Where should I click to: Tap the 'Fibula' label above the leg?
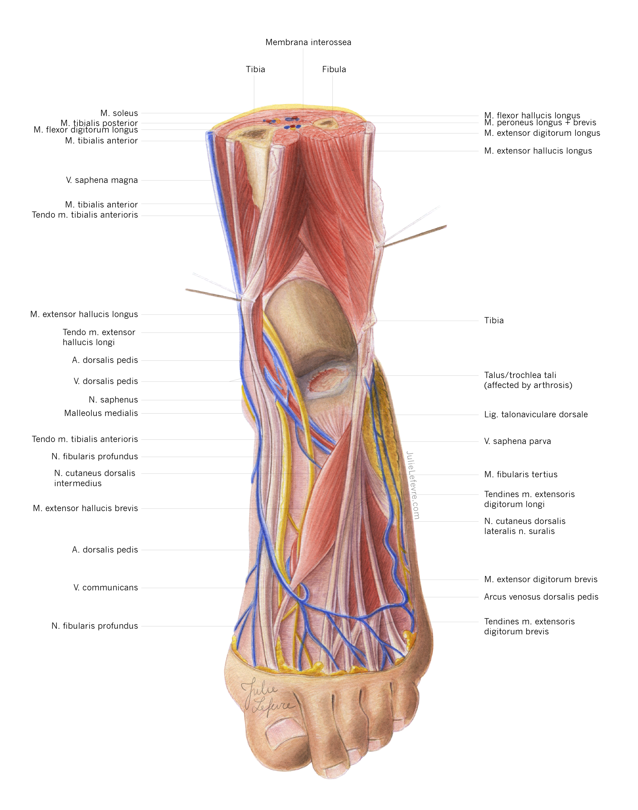[x=334, y=69]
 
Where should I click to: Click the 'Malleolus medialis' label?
[x=101, y=413]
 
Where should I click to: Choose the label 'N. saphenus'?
[x=113, y=400]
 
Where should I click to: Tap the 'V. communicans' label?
[x=105, y=588]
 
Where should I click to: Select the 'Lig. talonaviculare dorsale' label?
[x=536, y=415]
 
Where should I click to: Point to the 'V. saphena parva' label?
[x=517, y=441]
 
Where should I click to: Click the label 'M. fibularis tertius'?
[x=521, y=475]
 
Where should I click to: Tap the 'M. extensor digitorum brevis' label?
[x=541, y=580]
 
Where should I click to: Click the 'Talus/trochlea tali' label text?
[x=520, y=375]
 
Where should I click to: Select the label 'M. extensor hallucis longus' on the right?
[x=538, y=151]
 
